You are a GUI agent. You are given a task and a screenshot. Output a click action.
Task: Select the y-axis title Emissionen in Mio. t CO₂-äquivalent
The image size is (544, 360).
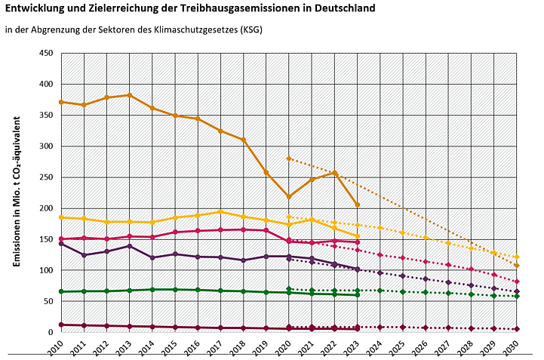point(16,195)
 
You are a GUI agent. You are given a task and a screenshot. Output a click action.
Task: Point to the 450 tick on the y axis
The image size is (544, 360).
point(46,54)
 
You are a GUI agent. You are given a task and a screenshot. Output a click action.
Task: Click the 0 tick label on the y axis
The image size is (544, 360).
point(51,332)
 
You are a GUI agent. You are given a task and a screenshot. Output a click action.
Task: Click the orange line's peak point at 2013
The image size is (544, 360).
point(130,95)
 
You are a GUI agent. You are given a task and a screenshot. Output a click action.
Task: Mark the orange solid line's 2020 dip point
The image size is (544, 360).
point(289,196)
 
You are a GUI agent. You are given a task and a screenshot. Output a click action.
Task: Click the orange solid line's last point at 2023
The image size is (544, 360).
point(358,205)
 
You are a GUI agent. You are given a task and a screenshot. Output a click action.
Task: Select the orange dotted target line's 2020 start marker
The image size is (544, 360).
point(289,158)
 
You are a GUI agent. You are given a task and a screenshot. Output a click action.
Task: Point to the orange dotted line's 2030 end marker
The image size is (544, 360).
point(517,266)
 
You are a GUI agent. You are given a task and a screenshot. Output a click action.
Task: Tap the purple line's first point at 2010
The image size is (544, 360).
point(61,243)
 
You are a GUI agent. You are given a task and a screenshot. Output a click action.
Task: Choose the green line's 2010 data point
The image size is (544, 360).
point(61,291)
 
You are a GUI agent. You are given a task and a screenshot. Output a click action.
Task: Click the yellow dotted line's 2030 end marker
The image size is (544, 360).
point(517,257)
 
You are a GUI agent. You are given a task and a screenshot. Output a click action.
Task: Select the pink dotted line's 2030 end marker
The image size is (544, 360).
point(517,282)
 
